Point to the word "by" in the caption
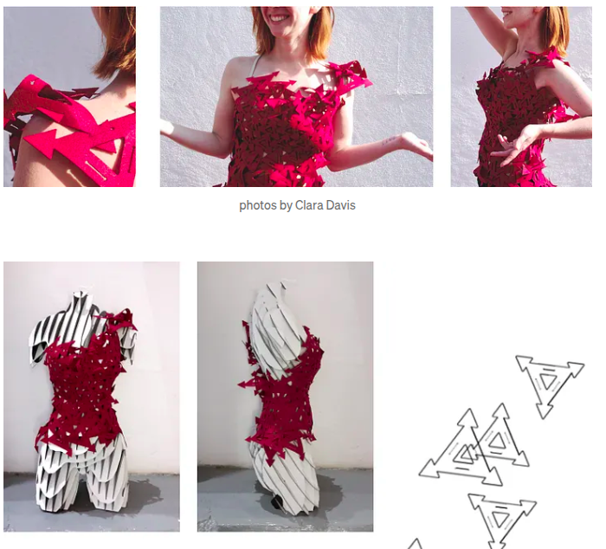[285, 205]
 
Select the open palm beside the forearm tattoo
[416, 145]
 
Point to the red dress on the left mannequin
[83, 391]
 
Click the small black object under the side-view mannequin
[278, 502]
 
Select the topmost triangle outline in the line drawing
[550, 385]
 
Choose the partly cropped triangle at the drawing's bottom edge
[415, 544]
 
